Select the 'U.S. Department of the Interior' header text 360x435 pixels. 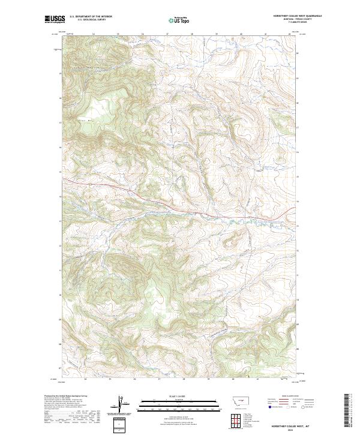(91, 17)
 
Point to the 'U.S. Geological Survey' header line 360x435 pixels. (91, 20)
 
